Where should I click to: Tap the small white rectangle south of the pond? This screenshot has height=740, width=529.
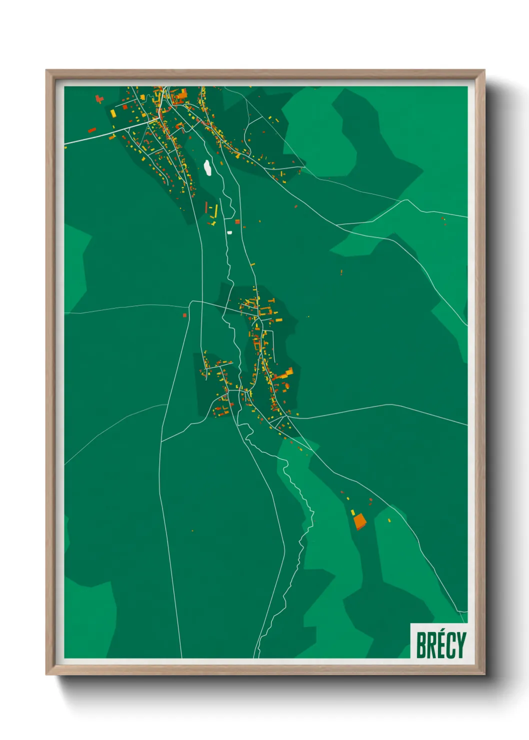229,232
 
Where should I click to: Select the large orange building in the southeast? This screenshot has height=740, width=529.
359,522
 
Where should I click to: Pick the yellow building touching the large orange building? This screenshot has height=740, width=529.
353,512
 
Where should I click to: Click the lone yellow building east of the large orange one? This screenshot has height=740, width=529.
389,520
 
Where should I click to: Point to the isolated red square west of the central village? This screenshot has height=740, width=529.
184,315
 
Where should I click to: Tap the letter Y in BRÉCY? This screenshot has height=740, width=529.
460,645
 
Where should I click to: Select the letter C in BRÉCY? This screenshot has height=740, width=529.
450,645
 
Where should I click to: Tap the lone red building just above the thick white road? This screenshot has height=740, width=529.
92,130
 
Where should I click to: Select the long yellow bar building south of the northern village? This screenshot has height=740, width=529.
216,211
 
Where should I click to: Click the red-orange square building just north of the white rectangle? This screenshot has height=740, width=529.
237,221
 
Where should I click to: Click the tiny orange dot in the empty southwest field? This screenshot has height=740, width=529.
192,530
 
